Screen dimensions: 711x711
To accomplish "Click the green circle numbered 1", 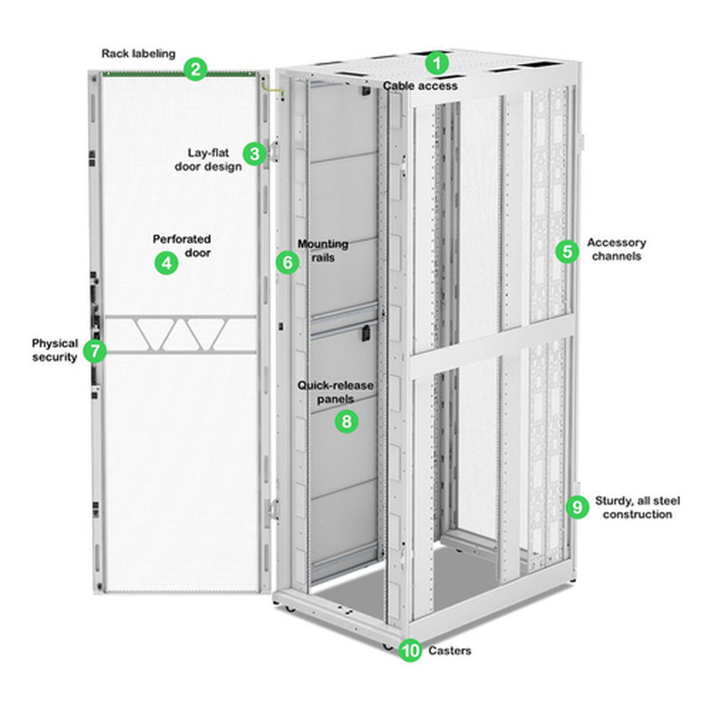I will [436, 63].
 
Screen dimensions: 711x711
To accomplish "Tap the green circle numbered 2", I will [196, 68].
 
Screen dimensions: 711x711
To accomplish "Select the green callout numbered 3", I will [256, 154].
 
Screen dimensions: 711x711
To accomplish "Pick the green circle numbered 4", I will [164, 263].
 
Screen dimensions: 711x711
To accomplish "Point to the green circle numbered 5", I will [566, 251].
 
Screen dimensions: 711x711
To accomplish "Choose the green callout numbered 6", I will [286, 262].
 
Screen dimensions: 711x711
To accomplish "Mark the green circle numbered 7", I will [95, 350].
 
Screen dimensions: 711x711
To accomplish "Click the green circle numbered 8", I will [347, 421].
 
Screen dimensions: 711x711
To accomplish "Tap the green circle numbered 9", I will [578, 507].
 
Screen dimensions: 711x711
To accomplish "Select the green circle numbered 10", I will [410, 651].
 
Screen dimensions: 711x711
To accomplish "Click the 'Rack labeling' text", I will [139, 53].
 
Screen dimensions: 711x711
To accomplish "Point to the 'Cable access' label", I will [420, 86].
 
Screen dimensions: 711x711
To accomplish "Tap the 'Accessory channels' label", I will [617, 250].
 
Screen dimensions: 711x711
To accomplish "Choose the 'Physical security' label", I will [55, 350].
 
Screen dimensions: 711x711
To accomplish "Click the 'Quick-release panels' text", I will [336, 392].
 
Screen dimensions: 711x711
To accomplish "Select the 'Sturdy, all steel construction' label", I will [637, 507].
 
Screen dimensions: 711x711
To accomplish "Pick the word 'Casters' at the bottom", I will [450, 651].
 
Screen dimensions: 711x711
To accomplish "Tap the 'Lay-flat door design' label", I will [214, 160].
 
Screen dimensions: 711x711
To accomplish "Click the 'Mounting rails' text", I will [323, 250].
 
